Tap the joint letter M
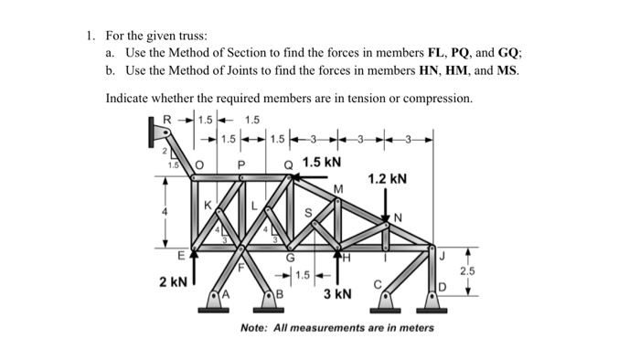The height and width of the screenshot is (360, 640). [x=339, y=189]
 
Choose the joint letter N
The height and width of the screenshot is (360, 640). [x=397, y=217]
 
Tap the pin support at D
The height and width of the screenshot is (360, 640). [x=432, y=298]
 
